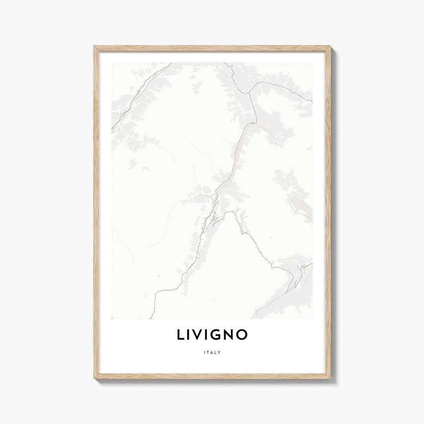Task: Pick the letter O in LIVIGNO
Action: (x=242, y=334)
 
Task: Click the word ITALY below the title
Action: (x=212, y=353)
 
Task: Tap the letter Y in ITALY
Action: (x=219, y=353)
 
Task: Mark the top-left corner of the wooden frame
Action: (x=94, y=46)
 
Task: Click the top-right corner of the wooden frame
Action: (x=330, y=46)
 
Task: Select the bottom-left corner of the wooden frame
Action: (x=94, y=378)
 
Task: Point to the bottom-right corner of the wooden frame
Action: (x=330, y=378)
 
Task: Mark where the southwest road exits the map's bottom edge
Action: (x=151, y=317)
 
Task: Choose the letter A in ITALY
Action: (x=212, y=353)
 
